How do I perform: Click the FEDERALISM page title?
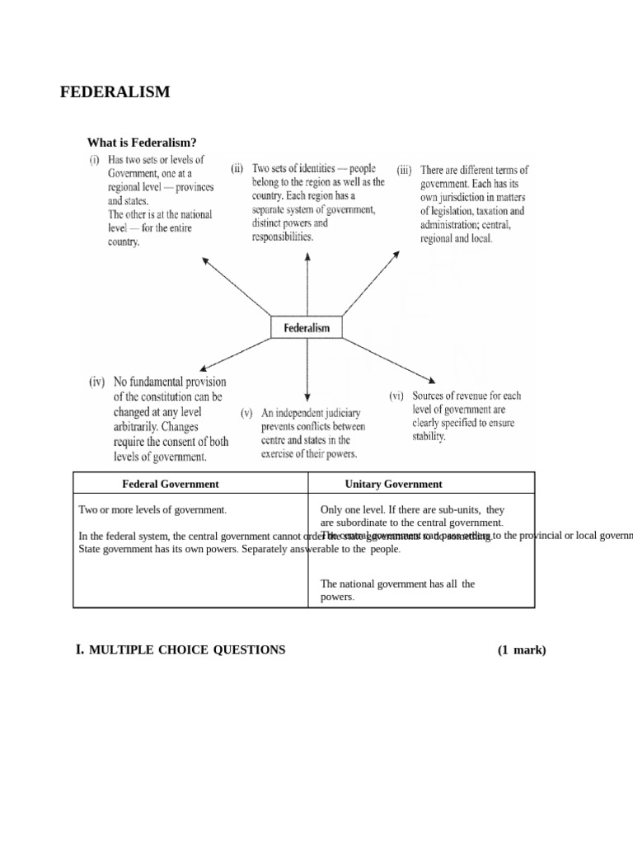click(x=115, y=92)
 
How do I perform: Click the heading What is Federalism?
click(x=142, y=143)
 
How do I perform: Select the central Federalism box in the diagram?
click(x=307, y=327)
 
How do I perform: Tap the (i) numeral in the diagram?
click(x=95, y=159)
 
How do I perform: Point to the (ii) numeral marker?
click(x=237, y=169)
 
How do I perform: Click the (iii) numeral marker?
click(x=404, y=171)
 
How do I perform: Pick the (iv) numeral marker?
click(x=97, y=382)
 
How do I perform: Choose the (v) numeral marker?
click(x=246, y=412)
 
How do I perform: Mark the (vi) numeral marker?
click(x=396, y=396)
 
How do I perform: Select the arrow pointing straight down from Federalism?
click(x=307, y=371)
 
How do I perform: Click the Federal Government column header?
click(x=171, y=484)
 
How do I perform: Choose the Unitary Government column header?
click(x=393, y=484)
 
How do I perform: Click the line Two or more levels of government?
click(x=152, y=510)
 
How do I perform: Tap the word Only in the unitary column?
click(x=331, y=510)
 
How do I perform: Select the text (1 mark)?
click(x=521, y=649)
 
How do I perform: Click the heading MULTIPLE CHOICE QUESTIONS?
click(x=186, y=649)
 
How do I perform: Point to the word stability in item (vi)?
click(x=429, y=437)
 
